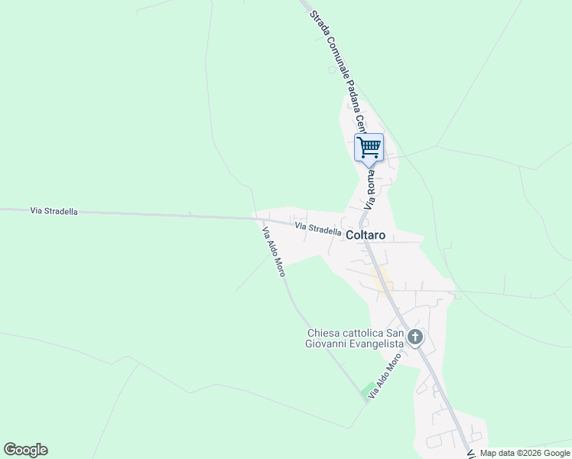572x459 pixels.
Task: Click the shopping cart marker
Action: click(369, 147)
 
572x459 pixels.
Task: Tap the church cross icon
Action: click(415, 337)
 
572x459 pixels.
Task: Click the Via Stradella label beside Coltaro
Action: click(318, 229)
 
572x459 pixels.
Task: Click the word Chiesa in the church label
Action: click(323, 333)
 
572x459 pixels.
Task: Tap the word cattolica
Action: click(364, 333)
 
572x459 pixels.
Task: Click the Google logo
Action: click(25, 449)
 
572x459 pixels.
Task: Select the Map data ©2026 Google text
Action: click(525, 453)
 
